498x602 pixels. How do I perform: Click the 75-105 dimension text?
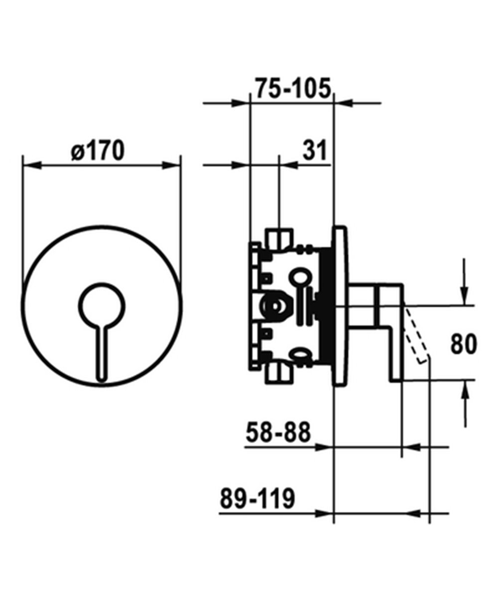293,89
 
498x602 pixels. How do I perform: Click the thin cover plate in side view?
342,306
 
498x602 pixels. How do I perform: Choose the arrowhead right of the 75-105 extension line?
343,104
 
